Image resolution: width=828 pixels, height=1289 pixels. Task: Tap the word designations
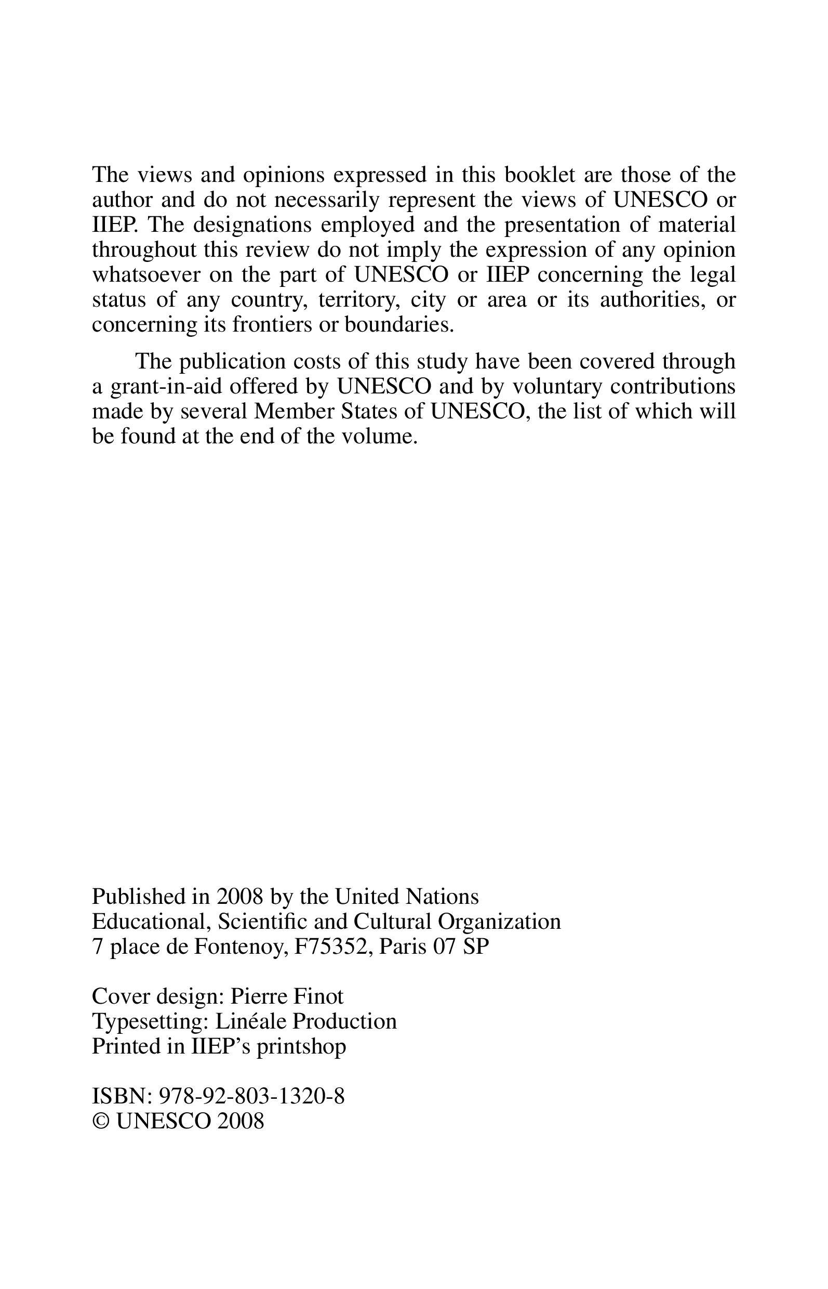(x=252, y=225)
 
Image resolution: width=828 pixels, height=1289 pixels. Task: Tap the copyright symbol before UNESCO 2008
(x=100, y=1122)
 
